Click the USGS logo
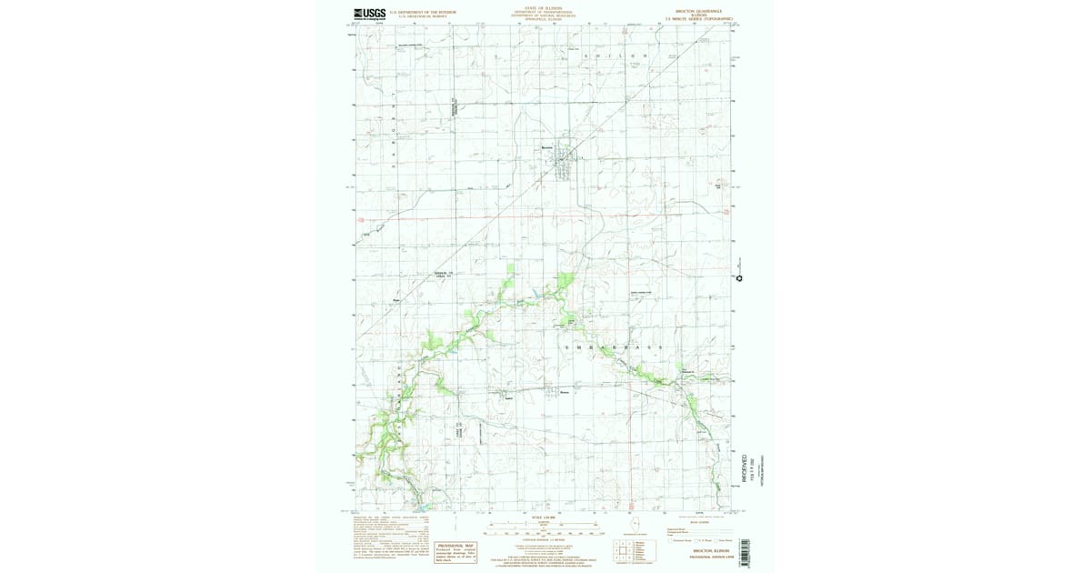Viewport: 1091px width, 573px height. pyautogui.click(x=369, y=14)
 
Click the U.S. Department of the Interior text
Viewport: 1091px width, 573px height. pyautogui.click(x=423, y=12)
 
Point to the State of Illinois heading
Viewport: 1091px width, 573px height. pyautogui.click(x=535, y=8)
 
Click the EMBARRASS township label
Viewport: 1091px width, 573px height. pyautogui.click(x=613, y=348)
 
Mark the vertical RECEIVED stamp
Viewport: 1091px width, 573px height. pyautogui.click(x=744, y=474)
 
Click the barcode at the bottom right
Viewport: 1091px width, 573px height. pyautogui.click(x=744, y=553)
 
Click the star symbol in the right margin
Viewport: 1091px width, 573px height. pyautogui.click(x=739, y=278)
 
